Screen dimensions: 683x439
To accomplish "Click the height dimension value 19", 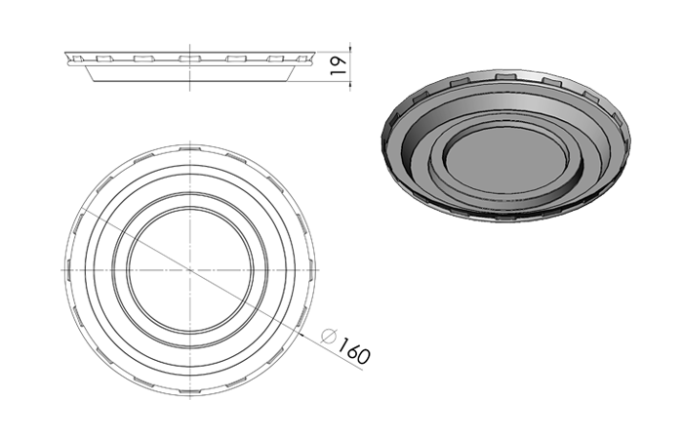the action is [x=339, y=65].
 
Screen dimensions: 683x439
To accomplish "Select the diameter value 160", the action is [x=353, y=349].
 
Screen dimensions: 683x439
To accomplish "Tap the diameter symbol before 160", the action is [x=329, y=337].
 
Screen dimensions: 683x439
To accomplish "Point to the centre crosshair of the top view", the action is [x=190, y=270].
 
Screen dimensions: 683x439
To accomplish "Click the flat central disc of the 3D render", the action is [x=506, y=159].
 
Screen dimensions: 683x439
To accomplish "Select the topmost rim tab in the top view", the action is [x=190, y=148].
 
